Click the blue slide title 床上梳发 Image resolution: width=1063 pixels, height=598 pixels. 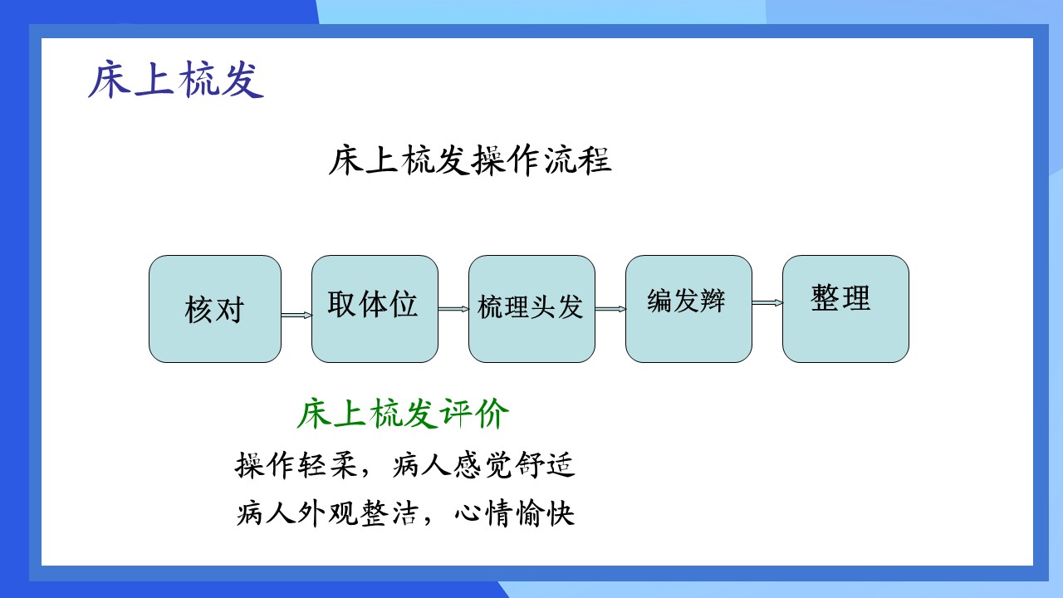176,79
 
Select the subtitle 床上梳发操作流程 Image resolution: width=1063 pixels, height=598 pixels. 470,160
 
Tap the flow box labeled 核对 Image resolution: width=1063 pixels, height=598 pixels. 215,309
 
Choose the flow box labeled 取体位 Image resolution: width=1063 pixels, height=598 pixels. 375,309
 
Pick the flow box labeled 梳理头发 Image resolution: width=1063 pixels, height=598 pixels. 532,309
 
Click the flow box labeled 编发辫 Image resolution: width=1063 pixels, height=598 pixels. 688,309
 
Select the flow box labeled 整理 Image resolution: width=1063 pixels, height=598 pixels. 845,309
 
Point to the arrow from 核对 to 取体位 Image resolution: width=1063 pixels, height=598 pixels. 296,315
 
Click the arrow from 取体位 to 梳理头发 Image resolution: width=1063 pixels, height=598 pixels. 453,310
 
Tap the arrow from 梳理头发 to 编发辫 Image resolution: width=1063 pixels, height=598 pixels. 610,310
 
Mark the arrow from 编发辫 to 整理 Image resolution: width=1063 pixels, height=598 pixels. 767,303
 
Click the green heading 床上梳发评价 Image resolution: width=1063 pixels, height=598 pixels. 403,414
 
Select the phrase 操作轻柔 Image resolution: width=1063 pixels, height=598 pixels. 296,464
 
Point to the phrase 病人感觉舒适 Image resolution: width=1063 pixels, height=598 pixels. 483,464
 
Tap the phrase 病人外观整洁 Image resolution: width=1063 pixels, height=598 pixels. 328,513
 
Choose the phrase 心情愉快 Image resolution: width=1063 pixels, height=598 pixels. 514,513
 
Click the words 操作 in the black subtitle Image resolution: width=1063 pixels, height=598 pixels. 506,160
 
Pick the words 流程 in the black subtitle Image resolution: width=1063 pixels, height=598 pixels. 577,160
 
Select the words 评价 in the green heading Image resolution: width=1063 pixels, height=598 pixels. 474,414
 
